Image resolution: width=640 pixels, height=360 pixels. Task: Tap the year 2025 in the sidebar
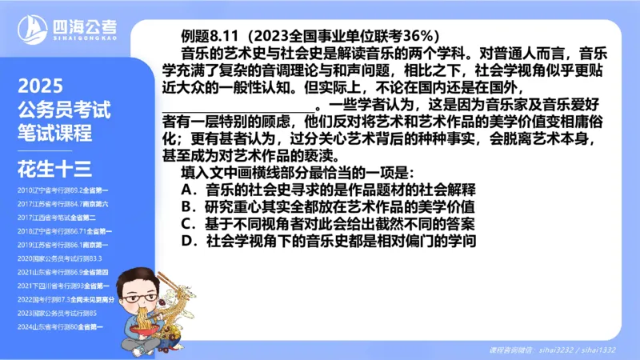[x=40, y=86]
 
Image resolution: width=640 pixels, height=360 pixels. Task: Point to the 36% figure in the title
[x=417, y=36]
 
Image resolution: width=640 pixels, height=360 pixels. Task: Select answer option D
[x=328, y=240]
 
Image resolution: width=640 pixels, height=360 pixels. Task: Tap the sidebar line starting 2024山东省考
[x=63, y=326]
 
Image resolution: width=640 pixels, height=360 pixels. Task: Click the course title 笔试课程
[x=55, y=130]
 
